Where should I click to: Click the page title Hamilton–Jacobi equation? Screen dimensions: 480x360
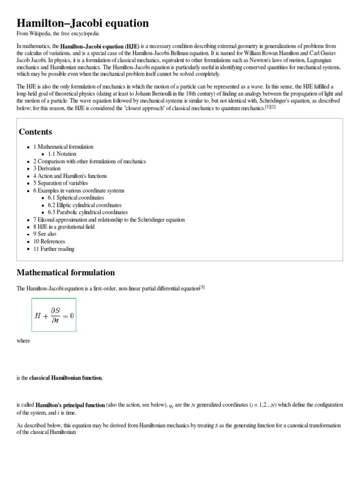pos(82,23)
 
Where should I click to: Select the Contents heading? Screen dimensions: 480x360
pos(35,131)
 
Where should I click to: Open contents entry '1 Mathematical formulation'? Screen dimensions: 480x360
pos(63,147)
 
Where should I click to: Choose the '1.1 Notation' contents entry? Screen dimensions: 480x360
pos(62,154)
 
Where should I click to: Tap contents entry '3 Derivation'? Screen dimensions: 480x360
pos(47,168)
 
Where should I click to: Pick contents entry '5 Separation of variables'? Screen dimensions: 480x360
pos(60,183)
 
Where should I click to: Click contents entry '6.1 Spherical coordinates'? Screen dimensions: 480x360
pos(76,198)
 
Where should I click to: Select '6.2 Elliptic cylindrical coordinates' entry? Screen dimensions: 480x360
pos(84,205)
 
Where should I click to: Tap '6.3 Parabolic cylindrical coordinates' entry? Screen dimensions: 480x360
pos(88,212)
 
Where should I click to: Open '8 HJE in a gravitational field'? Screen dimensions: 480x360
pos(64,227)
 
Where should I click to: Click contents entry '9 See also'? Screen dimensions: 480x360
pos(45,234)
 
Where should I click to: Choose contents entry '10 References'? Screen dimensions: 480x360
pos(49,241)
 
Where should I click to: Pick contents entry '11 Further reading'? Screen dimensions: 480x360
pos(54,249)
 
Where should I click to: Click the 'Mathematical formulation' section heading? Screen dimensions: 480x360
pos(66,272)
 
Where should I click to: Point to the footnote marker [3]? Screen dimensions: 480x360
pos(202,287)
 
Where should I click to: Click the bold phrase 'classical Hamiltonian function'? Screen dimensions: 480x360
pos(66,378)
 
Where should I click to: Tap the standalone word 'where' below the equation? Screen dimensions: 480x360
pos(23,341)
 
